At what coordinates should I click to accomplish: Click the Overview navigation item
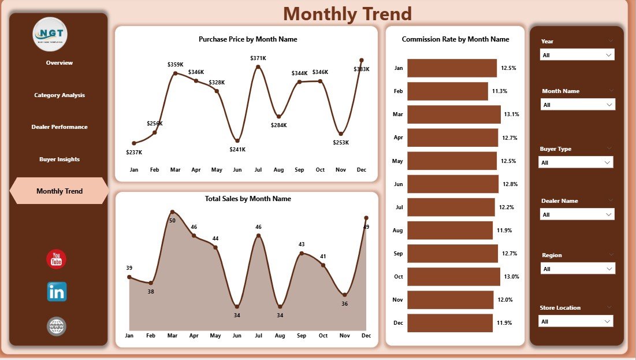pyautogui.click(x=59, y=62)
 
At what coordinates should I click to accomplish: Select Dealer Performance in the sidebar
pyautogui.click(x=59, y=127)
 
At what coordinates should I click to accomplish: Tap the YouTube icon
pyautogui.click(x=57, y=259)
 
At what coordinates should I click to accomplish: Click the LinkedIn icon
pyautogui.click(x=57, y=292)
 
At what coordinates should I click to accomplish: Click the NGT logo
pyautogui.click(x=50, y=34)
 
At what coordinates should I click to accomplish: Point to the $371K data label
pyautogui.click(x=258, y=58)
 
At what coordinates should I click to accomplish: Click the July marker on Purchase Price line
pyautogui.click(x=258, y=67)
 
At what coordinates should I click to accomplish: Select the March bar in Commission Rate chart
pyautogui.click(x=454, y=114)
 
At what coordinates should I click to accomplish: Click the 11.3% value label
pyautogui.click(x=500, y=91)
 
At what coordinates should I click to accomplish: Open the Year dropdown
pyautogui.click(x=577, y=54)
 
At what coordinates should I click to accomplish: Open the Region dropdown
pyautogui.click(x=578, y=269)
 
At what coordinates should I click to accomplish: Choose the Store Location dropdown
pyautogui.click(x=576, y=321)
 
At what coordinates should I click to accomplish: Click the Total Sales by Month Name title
pyautogui.click(x=248, y=199)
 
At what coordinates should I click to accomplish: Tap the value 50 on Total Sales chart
pyautogui.click(x=172, y=220)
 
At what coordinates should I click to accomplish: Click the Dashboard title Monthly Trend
pyautogui.click(x=347, y=13)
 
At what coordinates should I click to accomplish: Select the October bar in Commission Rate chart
pyautogui.click(x=453, y=277)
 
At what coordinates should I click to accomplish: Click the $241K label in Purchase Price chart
pyautogui.click(x=237, y=149)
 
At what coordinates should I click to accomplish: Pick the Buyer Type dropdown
pyautogui.click(x=576, y=162)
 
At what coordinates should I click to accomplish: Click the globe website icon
pyautogui.click(x=57, y=326)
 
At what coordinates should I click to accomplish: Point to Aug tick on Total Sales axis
pyautogui.click(x=280, y=336)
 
